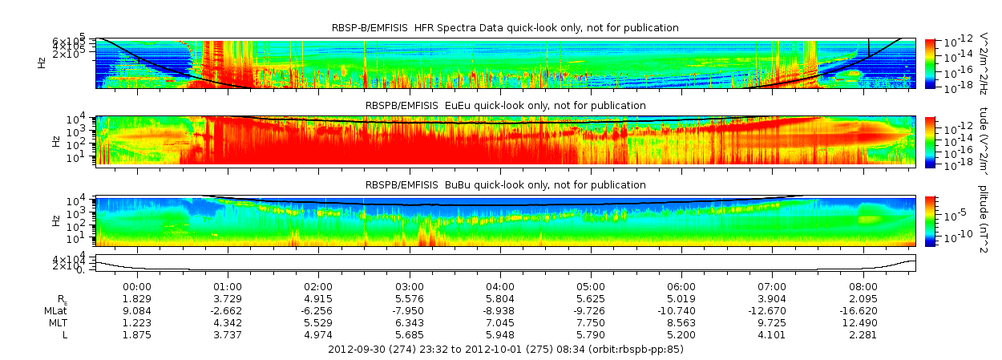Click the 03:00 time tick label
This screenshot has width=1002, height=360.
pos(409,285)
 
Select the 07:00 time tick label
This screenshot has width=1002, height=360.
pos(771,285)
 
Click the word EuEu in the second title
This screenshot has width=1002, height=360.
pos(464,106)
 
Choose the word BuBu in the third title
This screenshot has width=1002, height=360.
pos(465,185)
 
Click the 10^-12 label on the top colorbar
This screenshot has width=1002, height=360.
pos(958,42)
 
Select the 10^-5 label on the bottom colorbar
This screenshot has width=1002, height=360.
pos(956,215)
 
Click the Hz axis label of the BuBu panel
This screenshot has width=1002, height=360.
pos(55,218)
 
